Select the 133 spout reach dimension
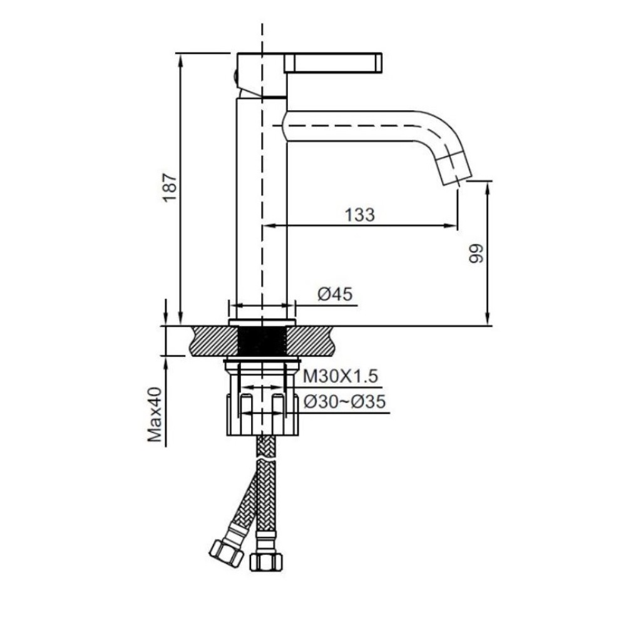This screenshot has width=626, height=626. pos(360,215)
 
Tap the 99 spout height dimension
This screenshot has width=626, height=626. pos(476,254)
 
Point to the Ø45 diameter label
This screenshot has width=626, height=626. pos(335,295)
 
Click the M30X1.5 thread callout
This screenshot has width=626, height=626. pos(341,376)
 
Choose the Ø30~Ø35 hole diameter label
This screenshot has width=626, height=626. pos(344,402)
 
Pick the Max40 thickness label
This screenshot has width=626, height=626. pos(155,414)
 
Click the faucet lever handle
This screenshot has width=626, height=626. pos(334,63)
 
